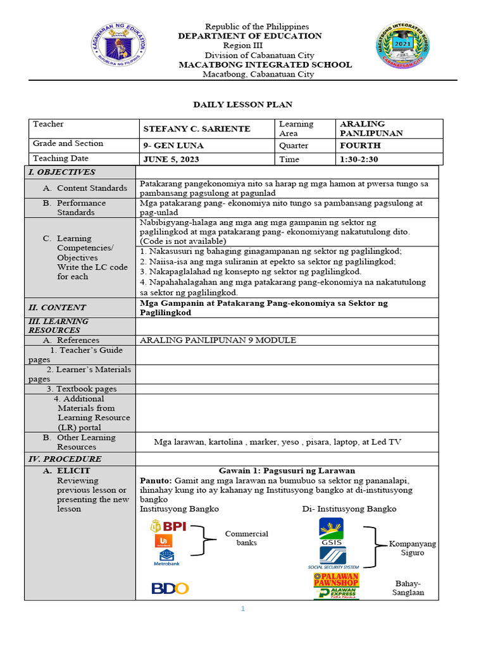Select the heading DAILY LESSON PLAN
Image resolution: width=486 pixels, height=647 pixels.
tap(242, 104)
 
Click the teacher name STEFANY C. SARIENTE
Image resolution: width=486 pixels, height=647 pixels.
tap(197, 129)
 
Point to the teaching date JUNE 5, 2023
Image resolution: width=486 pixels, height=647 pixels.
tap(171, 159)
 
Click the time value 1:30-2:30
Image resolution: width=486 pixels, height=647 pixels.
tap(359, 159)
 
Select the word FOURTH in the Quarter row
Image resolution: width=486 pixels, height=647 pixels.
tap(360, 145)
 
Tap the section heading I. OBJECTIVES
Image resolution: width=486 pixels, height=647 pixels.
tap(61, 172)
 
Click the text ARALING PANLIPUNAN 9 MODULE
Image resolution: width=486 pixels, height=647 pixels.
tap(218, 340)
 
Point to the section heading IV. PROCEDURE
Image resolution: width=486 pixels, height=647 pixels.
tap(65, 459)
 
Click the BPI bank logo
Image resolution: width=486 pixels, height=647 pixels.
tap(168, 526)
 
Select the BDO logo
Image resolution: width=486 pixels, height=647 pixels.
tap(170, 588)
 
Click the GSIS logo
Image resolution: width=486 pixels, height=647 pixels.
tap(331, 531)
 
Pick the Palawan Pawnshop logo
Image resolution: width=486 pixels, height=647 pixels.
tap(335, 579)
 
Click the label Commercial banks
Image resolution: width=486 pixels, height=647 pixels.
tap(247, 538)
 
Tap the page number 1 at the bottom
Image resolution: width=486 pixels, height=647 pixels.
tap(242, 609)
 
